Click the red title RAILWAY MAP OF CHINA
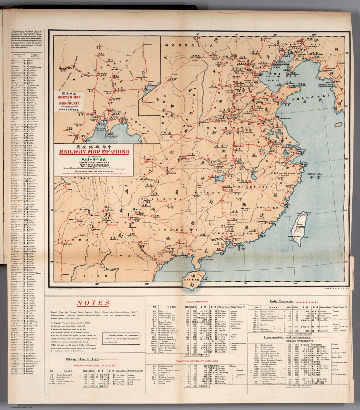(x=94, y=152)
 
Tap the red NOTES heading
(x=93, y=303)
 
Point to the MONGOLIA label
(x=189, y=46)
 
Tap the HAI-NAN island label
(x=192, y=280)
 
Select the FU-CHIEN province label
(x=267, y=207)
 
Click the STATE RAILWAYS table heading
(x=197, y=302)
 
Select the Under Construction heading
(x=281, y=302)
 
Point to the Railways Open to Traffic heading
(x=82, y=359)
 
